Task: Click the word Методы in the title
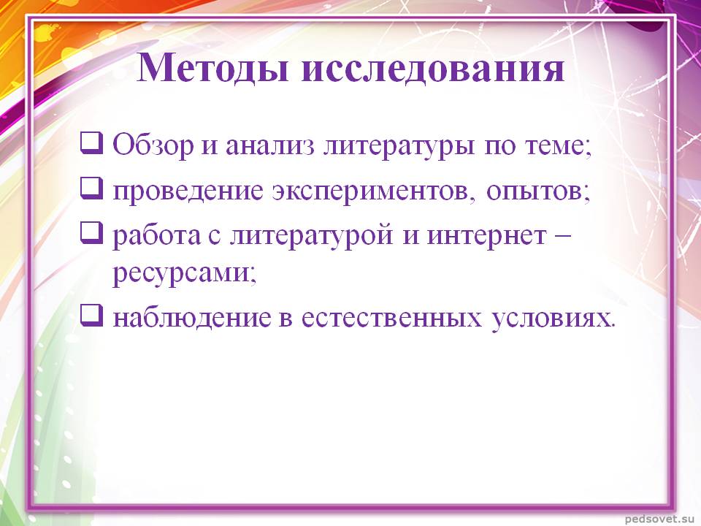coord(212,68)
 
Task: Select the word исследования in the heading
coord(433,69)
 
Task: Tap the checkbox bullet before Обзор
coord(92,142)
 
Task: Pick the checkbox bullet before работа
coord(92,232)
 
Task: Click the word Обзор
coord(153,145)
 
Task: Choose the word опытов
coord(535,191)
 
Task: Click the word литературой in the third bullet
coord(311,236)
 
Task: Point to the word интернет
coord(486,236)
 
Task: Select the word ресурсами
coord(181,273)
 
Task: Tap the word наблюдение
coord(192,319)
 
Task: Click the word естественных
coord(391,318)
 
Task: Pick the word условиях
coord(551,319)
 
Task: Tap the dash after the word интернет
coord(562,236)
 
